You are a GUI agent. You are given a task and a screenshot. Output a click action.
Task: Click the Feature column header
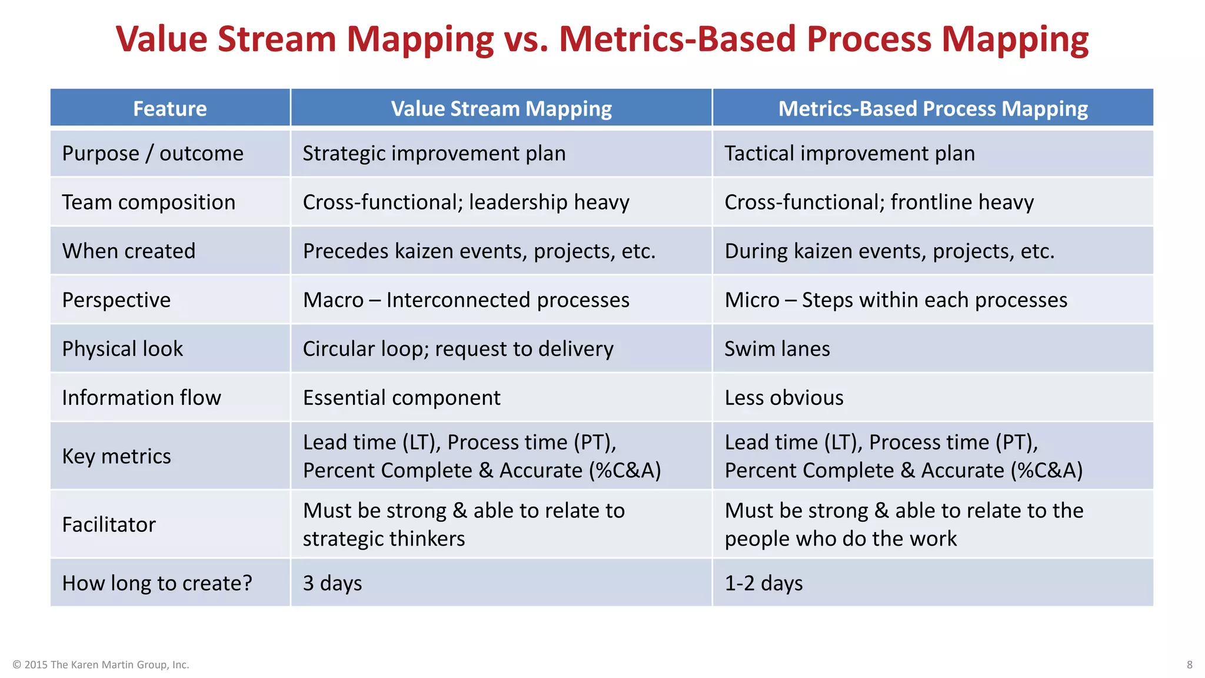point(170,108)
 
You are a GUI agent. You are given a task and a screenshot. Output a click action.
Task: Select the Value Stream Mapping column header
point(501,108)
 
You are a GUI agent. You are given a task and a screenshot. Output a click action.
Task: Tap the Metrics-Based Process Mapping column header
point(933,108)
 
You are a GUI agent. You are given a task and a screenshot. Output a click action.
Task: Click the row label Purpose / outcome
point(152,154)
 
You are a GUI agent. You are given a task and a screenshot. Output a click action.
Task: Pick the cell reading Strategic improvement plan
point(434,154)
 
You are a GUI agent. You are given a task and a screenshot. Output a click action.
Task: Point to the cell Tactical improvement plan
point(850,154)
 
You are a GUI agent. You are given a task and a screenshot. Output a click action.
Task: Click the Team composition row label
point(149,202)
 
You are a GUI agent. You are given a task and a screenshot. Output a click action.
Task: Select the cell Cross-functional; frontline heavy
point(879,202)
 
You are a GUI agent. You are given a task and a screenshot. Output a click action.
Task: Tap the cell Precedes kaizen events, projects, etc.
point(479,251)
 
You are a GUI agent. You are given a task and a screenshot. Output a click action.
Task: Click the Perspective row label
point(116,300)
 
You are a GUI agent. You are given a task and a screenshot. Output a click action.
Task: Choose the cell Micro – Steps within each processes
point(896,300)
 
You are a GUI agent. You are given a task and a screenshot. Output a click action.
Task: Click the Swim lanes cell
point(777,349)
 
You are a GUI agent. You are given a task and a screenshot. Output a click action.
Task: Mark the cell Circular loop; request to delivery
point(458,349)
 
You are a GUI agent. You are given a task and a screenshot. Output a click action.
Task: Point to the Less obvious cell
point(784,398)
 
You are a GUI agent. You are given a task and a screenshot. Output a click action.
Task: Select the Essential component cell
point(401,398)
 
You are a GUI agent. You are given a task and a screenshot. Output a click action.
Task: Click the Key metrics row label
point(116,456)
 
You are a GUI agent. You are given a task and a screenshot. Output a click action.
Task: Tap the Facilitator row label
point(109,524)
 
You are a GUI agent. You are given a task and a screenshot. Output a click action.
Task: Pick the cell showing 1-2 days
point(764,583)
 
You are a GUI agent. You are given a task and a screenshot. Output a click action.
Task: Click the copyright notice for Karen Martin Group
point(101,664)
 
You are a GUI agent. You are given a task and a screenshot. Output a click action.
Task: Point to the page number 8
point(1189,664)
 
